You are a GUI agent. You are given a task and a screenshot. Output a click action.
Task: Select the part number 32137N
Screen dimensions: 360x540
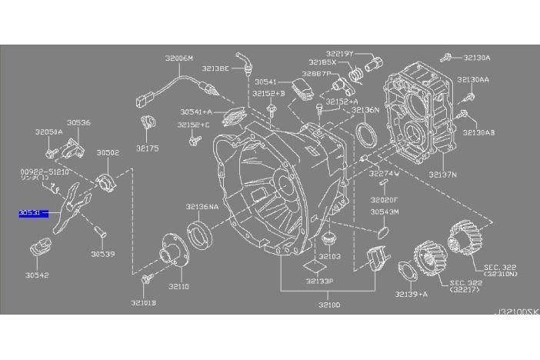tap(443, 175)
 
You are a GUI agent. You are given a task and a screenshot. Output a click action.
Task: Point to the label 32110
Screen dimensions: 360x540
tap(179, 286)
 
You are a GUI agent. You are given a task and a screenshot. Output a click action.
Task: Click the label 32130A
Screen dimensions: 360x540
tap(476, 58)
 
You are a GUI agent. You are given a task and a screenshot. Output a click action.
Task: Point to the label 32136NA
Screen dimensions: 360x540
tap(202, 206)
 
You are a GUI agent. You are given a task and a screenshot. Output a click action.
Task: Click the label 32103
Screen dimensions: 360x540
tap(328, 256)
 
